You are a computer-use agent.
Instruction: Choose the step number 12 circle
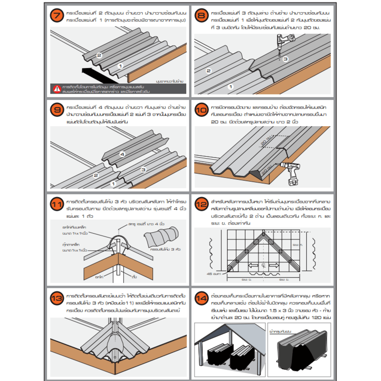[x=202, y=205]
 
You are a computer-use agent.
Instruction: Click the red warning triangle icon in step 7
[x=57, y=89]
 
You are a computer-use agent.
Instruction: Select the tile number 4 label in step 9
[x=122, y=155]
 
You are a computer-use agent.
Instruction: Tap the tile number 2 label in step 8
[x=208, y=71]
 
